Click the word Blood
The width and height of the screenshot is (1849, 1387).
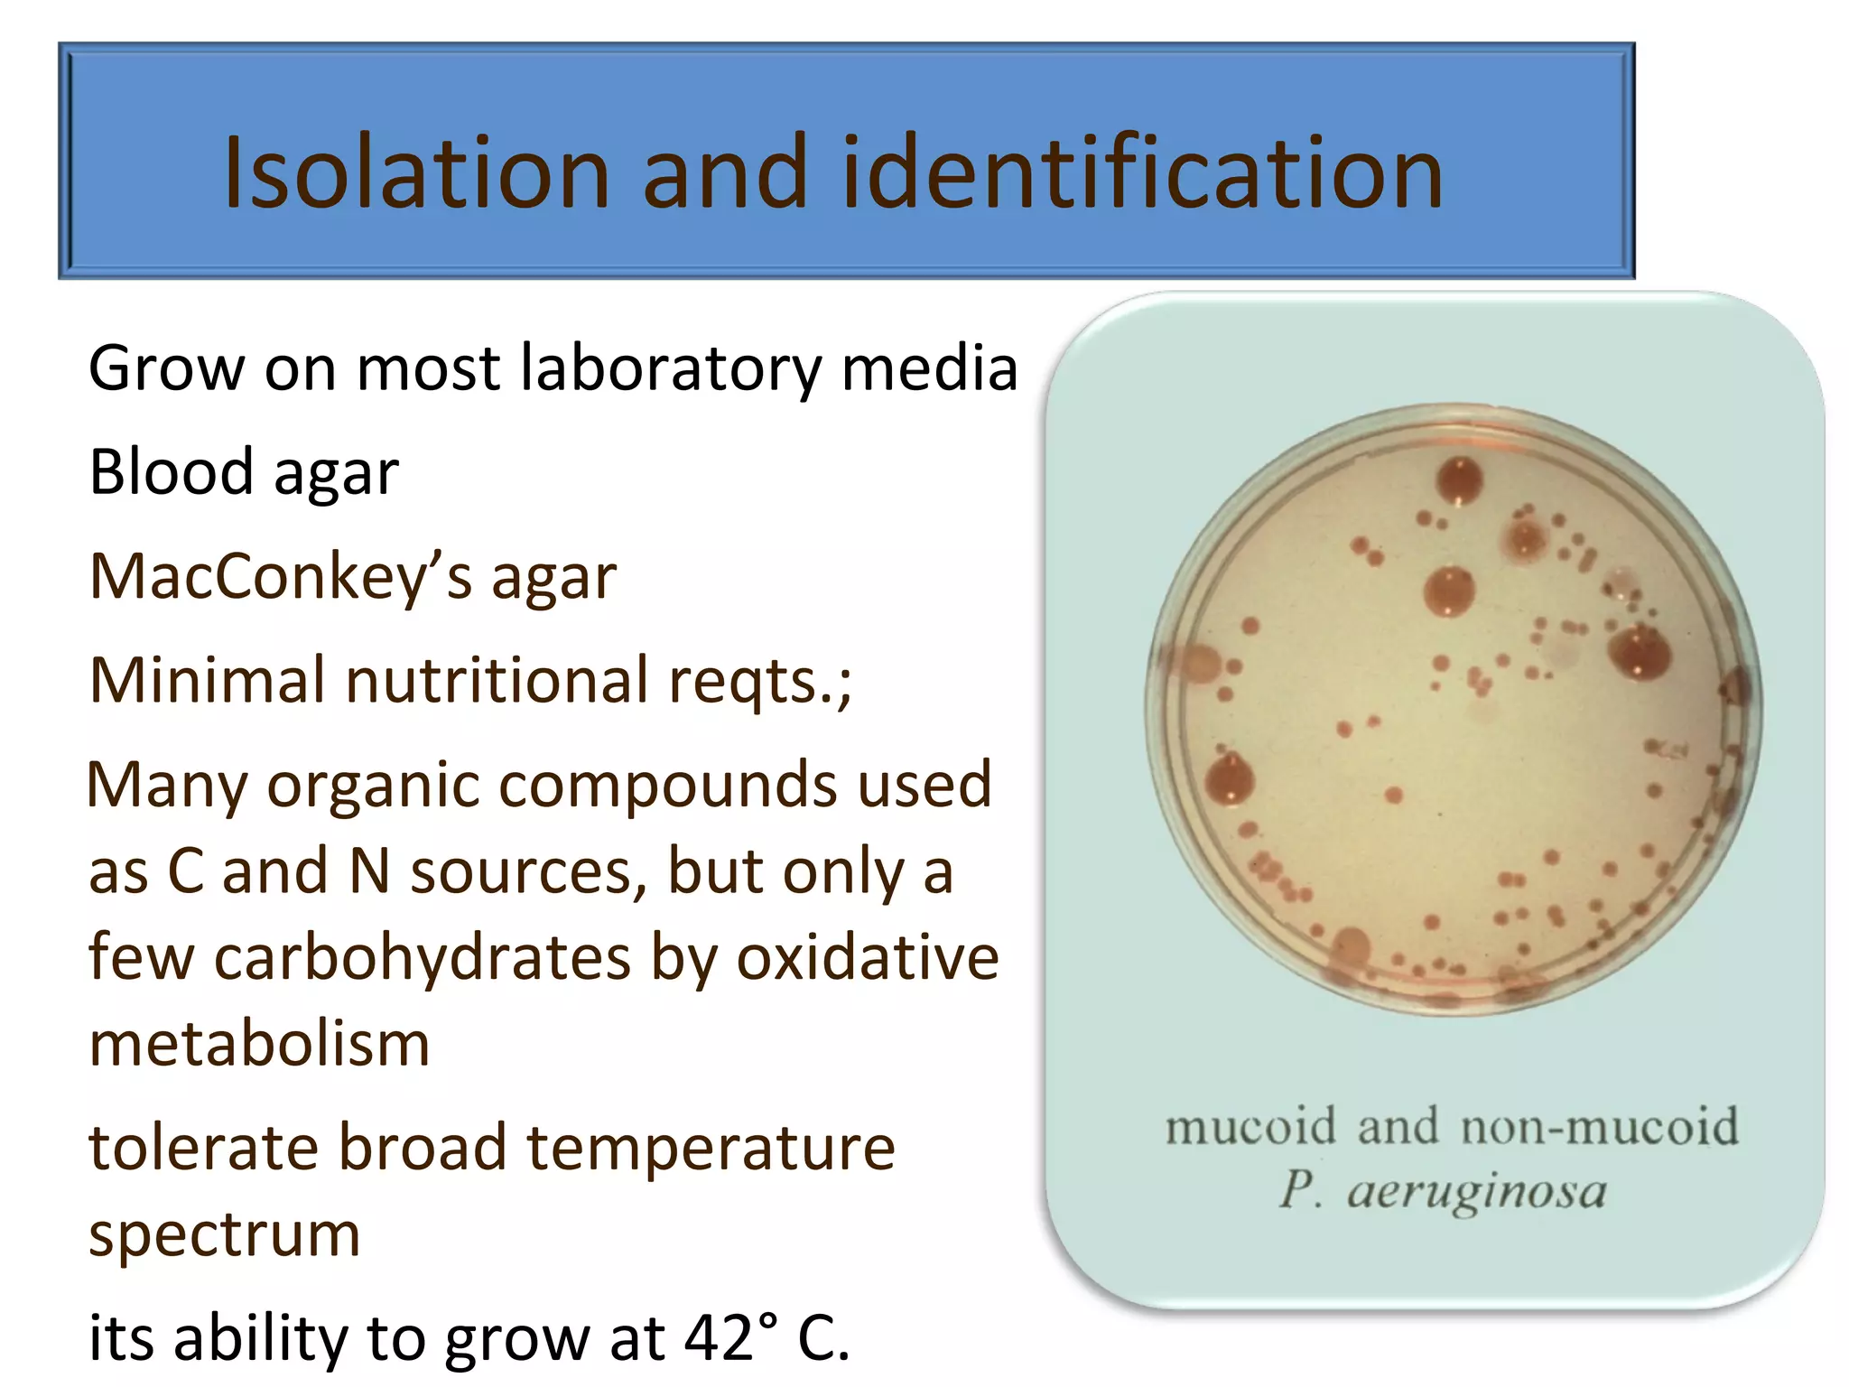pyautogui.click(x=171, y=471)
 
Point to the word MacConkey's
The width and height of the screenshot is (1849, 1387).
pyautogui.click(x=280, y=576)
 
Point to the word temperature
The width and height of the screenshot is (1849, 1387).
pyautogui.click(x=711, y=1149)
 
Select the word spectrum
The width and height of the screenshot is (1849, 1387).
pyautogui.click(x=224, y=1235)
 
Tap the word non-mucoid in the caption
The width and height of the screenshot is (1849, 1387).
pyautogui.click(x=1599, y=1127)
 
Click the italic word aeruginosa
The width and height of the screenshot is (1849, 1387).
pyautogui.click(x=1477, y=1192)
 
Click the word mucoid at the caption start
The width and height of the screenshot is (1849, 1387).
pyautogui.click(x=1250, y=1127)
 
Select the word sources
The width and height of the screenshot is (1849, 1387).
pyautogui.click(x=529, y=872)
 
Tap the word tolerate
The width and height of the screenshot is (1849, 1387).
pyautogui.click(x=203, y=1149)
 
